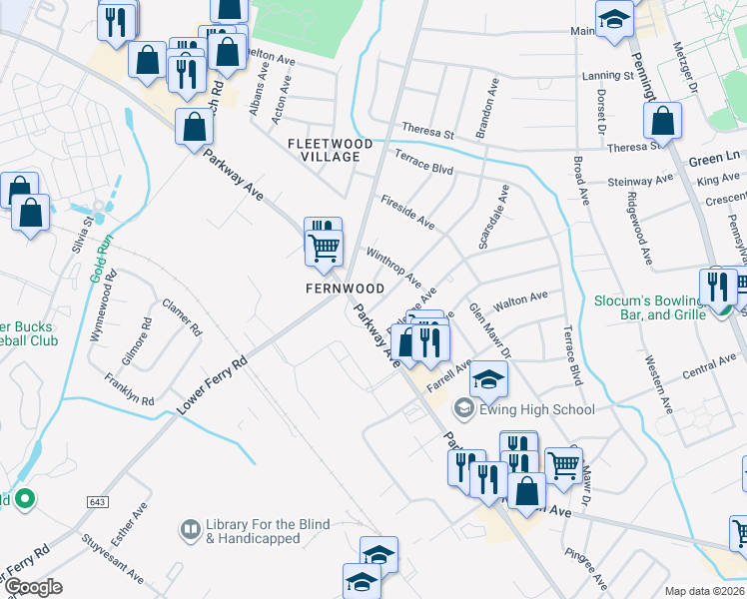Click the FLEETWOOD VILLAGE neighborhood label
point(330,151)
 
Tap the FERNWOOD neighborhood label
point(345,289)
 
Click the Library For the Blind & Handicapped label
point(253,532)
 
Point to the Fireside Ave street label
point(407,212)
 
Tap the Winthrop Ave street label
point(393,268)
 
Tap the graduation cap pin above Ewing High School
point(488,379)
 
